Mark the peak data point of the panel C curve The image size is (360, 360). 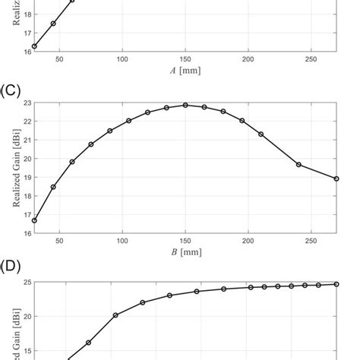tap(185, 105)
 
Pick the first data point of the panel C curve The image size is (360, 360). tap(35, 220)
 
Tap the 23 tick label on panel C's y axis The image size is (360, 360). tap(27, 103)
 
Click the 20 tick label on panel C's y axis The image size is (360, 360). tap(27, 159)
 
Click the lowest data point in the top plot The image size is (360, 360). tap(35, 46)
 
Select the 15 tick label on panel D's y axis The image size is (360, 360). tap(27, 351)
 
